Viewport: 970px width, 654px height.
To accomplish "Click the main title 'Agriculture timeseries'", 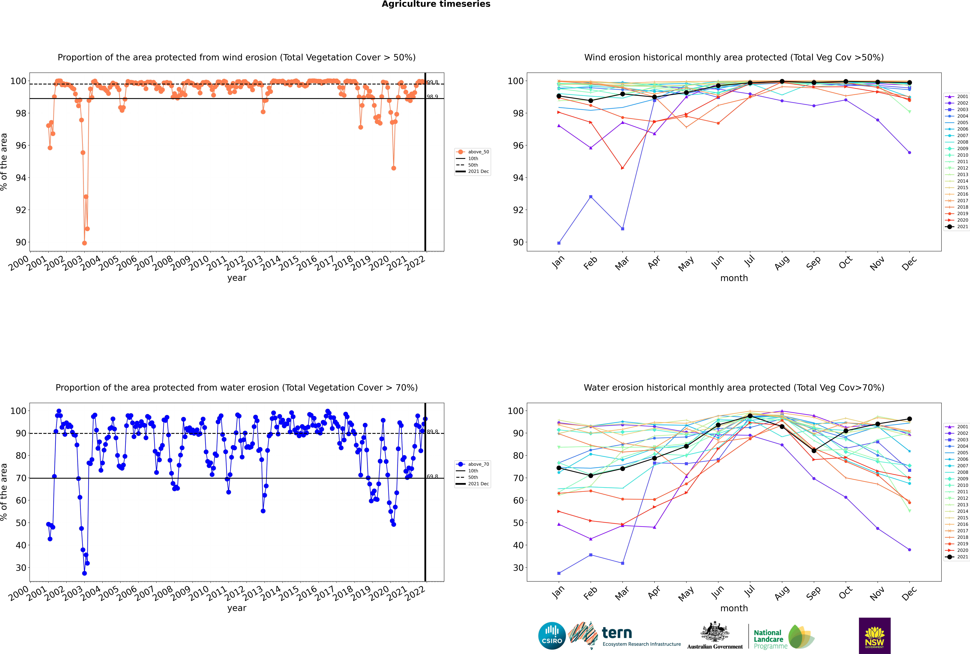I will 436,4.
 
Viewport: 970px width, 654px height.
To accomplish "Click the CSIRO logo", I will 552,636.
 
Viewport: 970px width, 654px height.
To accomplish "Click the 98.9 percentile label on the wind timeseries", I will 432,97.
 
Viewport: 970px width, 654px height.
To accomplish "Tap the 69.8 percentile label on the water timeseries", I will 432,476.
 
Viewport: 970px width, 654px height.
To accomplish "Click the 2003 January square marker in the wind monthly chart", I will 559,243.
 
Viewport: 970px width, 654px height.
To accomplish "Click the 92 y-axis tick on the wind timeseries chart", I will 21,210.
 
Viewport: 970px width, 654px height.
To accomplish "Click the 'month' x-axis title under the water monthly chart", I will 734,608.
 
